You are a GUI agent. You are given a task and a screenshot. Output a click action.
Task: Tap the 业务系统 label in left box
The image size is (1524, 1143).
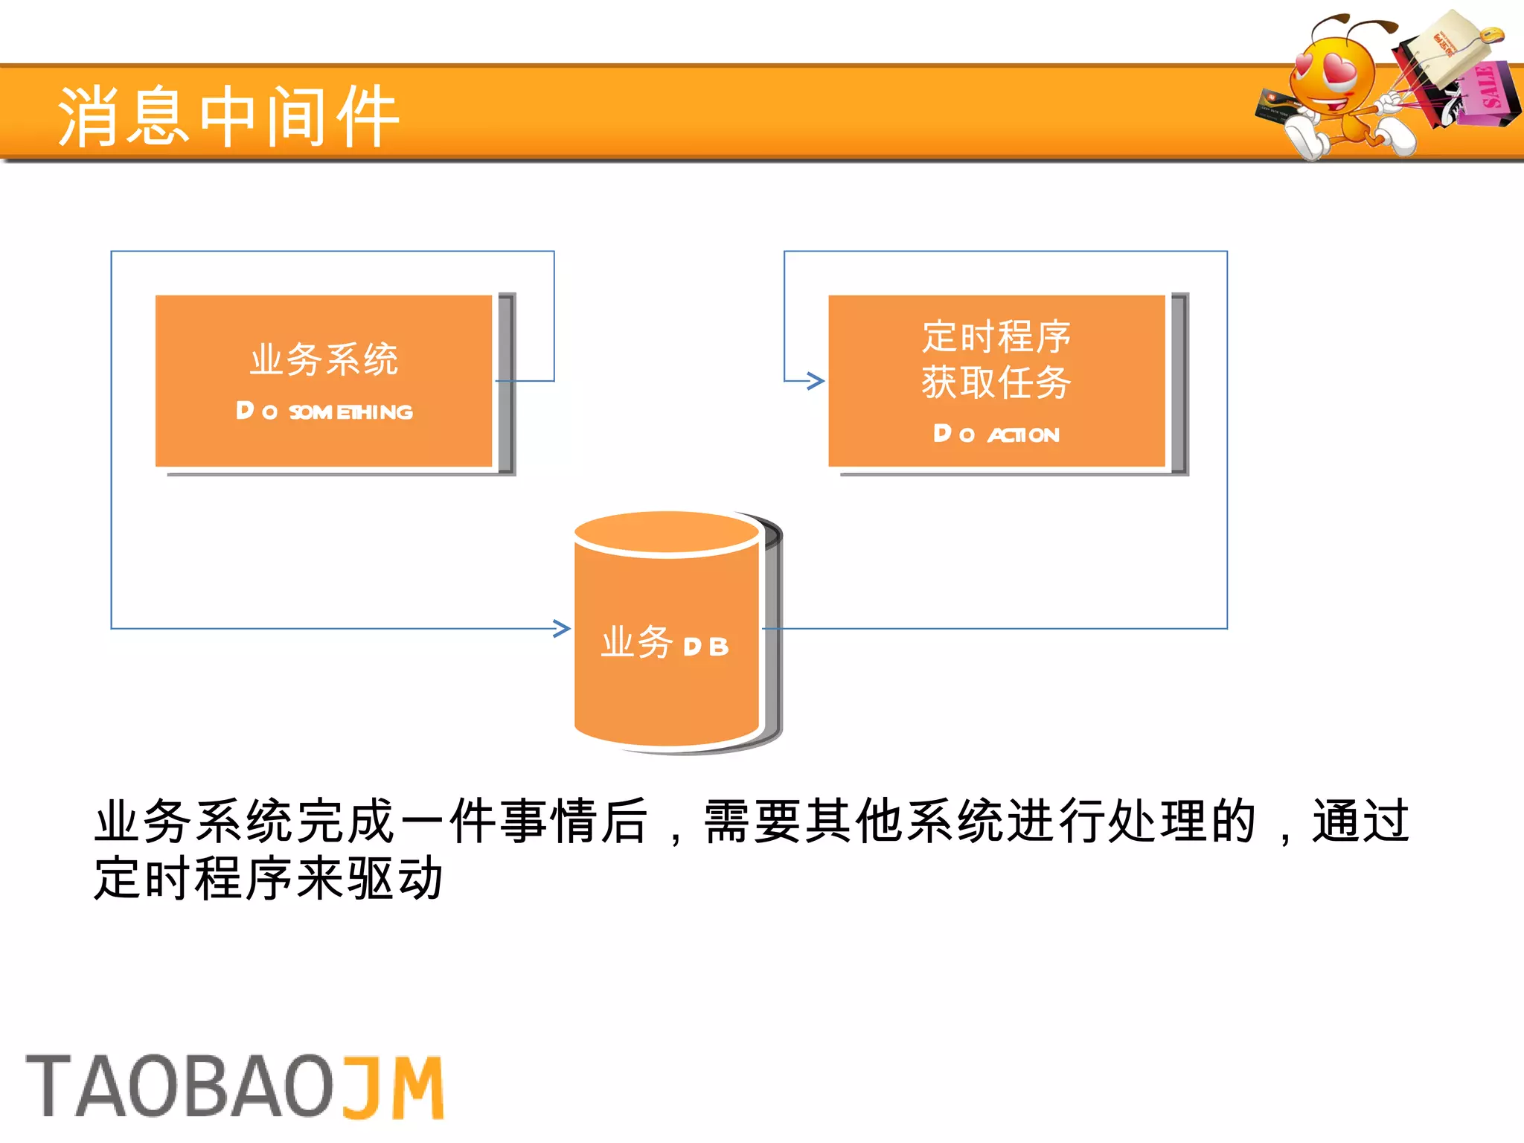324,359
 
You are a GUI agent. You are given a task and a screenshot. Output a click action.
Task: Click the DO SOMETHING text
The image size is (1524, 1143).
324,412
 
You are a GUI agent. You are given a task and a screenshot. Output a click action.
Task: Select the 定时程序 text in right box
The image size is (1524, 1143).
996,336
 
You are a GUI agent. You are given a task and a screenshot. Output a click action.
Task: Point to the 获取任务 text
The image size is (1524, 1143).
996,382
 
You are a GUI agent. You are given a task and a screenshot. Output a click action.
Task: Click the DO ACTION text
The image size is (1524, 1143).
996,434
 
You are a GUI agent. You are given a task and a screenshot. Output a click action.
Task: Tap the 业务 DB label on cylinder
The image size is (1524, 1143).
665,643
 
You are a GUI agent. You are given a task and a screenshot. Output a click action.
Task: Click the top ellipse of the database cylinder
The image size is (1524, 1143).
667,533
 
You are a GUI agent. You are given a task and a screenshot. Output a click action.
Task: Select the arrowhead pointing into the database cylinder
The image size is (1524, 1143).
563,629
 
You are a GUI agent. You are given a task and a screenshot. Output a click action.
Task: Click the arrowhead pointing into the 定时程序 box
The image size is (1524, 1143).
816,381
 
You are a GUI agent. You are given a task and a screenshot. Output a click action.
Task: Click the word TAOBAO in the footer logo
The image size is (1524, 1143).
179,1086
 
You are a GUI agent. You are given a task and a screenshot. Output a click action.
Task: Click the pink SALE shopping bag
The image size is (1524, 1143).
1485,93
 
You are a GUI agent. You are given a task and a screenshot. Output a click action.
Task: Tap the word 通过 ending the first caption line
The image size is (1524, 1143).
1360,822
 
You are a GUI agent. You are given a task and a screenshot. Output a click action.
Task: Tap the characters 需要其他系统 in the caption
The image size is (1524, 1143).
854,822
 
